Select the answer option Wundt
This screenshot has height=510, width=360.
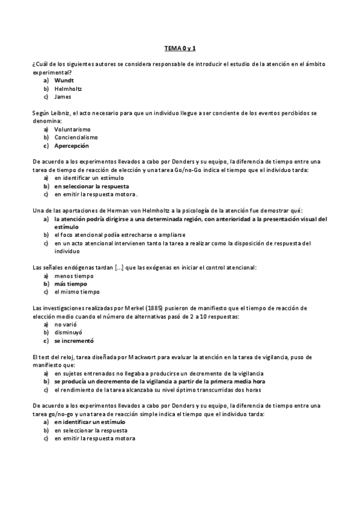(x=64, y=80)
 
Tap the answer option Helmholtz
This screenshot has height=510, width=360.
(x=68, y=88)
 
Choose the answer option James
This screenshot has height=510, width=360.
(x=63, y=96)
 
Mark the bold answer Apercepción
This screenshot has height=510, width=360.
(x=72, y=146)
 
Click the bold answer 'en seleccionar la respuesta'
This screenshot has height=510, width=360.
(x=91, y=186)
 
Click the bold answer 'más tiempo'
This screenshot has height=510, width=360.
(x=70, y=284)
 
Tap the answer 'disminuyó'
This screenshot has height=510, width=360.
(x=68, y=333)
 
